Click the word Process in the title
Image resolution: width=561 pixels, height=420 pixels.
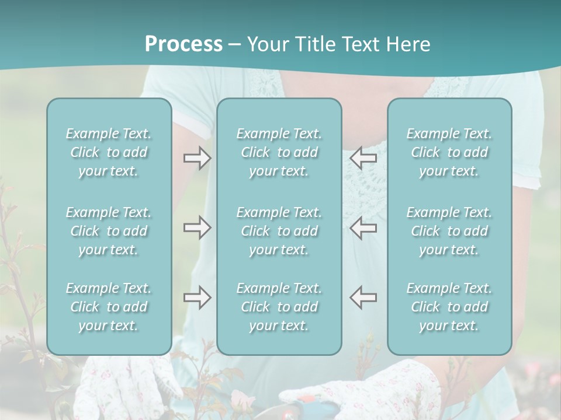183,44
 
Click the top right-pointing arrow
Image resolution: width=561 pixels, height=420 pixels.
197,157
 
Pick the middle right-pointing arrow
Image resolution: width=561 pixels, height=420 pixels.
197,228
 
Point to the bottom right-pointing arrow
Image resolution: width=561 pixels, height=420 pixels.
197,297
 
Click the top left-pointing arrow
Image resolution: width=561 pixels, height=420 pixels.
363,157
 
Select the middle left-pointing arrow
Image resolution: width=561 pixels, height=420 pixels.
363,228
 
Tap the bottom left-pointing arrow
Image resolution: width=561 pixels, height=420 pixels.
363,297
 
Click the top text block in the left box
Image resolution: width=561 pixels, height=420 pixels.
109,152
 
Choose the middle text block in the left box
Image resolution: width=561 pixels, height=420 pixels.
109,231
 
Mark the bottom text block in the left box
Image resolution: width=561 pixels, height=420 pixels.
109,307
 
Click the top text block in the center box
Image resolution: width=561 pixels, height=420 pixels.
279,152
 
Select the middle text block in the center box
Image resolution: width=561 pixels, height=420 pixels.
279,231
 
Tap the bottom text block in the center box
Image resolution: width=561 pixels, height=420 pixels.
279,307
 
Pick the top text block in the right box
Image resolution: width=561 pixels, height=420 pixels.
449,152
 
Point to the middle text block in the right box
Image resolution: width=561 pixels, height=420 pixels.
449,231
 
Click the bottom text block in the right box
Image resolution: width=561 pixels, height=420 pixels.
449,307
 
